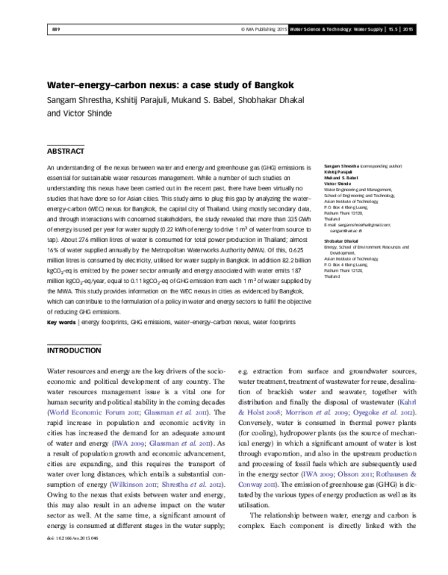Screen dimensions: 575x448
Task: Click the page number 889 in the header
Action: pyautogui.click(x=55, y=29)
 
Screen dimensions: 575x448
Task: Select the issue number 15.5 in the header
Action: pyautogui.click(x=392, y=29)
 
